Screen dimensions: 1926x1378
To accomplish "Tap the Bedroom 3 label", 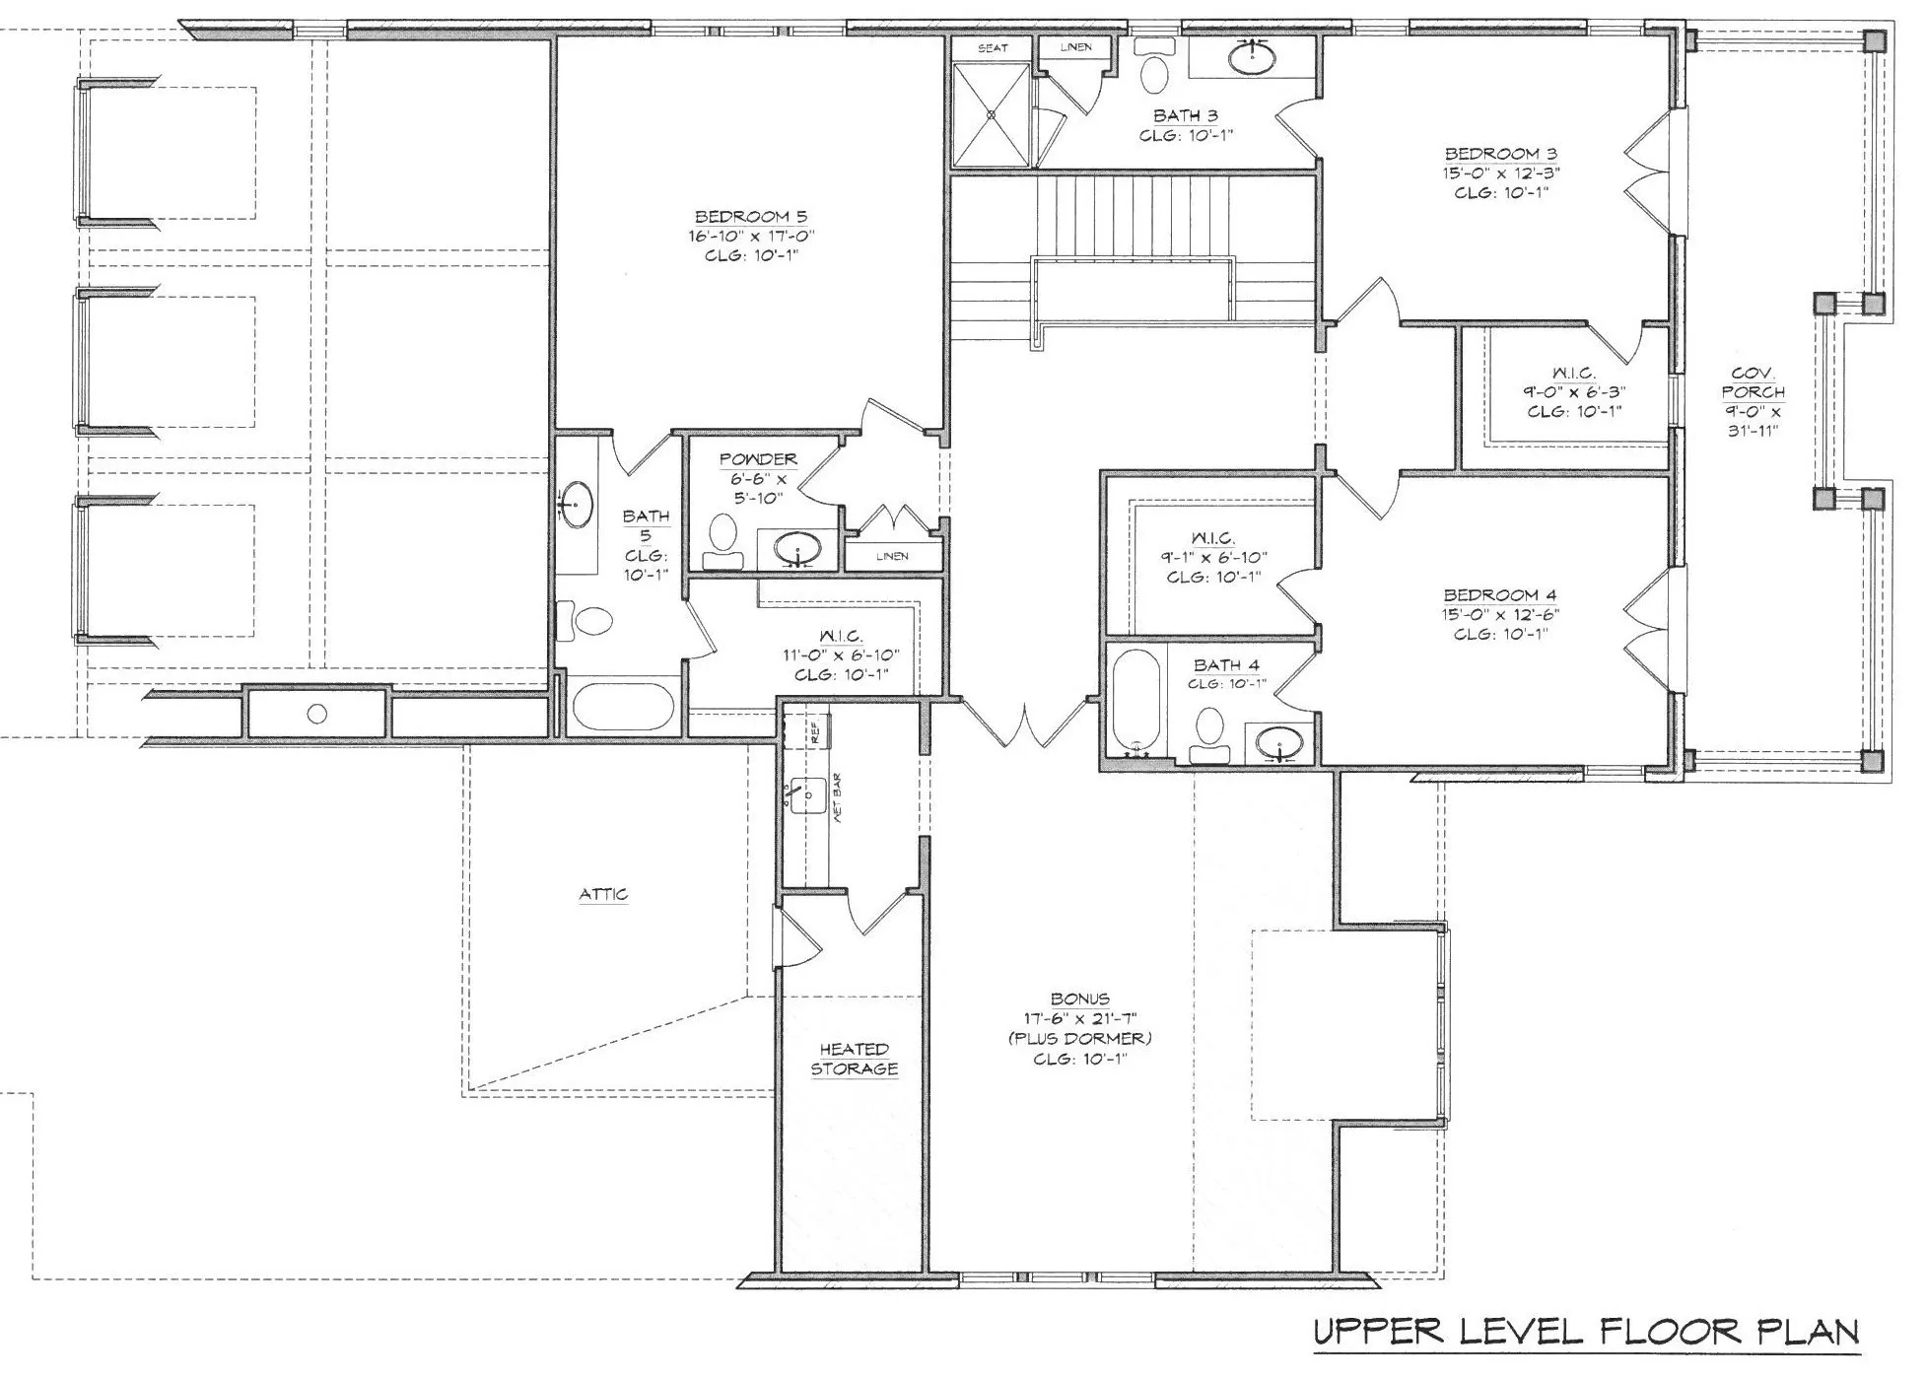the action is [x=1500, y=154].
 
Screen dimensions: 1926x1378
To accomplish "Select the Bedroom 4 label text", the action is [x=1500, y=595].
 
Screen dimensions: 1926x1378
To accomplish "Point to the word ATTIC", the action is [x=603, y=894].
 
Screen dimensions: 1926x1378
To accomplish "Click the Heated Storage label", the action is [x=855, y=1059].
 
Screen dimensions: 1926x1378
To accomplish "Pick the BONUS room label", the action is [x=1080, y=999].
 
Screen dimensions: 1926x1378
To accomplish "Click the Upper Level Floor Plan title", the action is [x=1586, y=1332].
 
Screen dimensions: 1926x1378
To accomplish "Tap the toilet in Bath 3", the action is [x=1154, y=64].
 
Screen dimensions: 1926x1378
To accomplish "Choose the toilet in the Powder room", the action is [x=723, y=541].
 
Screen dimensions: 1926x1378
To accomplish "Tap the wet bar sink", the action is [x=807, y=793].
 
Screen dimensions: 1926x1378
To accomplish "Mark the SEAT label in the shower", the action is [x=993, y=48].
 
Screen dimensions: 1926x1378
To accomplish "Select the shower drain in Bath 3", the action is [x=992, y=114].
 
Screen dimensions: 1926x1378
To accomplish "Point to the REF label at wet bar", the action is [x=815, y=732].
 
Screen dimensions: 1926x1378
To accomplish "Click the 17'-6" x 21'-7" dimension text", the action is [x=1080, y=1018].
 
